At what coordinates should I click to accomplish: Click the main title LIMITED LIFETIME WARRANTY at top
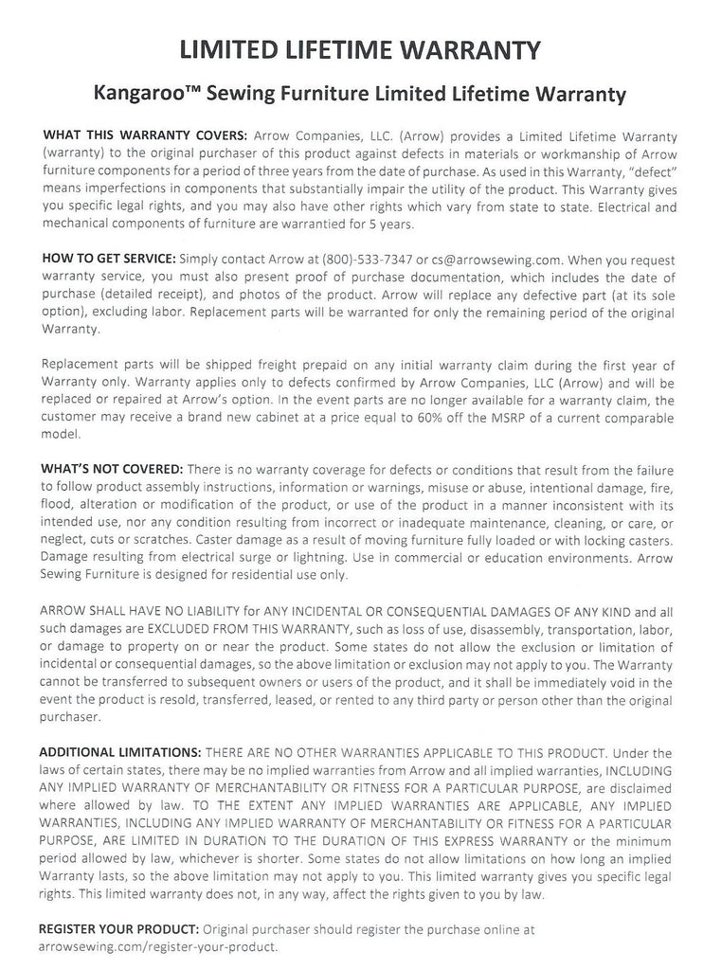click(351, 48)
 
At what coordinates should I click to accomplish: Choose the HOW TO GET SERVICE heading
click(108, 259)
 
